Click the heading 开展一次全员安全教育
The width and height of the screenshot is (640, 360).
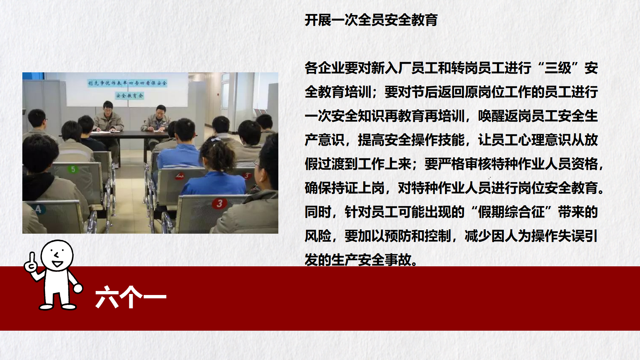click(x=371, y=20)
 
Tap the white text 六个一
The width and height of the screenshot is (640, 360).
click(x=131, y=297)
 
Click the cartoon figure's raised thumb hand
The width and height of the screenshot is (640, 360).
click(x=31, y=263)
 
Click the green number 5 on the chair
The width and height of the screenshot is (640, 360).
click(x=73, y=169)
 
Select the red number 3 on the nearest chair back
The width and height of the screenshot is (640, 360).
click(x=219, y=203)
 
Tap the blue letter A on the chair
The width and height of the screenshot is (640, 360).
click(x=38, y=209)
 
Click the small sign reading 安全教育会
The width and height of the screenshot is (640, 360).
click(x=129, y=96)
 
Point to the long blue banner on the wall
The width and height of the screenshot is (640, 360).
click(x=127, y=83)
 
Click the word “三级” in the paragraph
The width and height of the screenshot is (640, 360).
click(x=558, y=68)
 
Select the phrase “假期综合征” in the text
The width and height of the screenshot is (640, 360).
click(x=511, y=212)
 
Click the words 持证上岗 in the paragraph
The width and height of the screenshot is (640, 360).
click(x=358, y=188)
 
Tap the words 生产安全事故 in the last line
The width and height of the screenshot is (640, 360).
click(x=371, y=260)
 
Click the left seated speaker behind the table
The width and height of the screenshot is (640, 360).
click(x=108, y=117)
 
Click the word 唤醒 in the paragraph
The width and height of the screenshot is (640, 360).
click(x=491, y=116)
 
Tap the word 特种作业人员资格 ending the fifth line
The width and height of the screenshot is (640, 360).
click(x=545, y=164)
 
